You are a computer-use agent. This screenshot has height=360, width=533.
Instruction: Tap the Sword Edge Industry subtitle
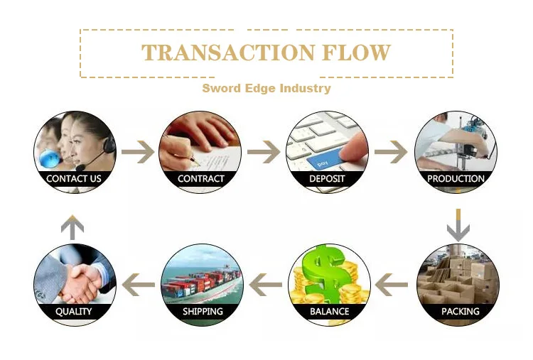(x=266, y=89)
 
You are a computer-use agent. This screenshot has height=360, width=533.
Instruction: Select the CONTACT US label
(x=74, y=179)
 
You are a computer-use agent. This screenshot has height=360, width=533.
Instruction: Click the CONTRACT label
(x=200, y=179)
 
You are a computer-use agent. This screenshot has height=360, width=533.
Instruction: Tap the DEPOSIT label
(x=328, y=179)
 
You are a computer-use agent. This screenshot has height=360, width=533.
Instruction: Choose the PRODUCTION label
(x=456, y=179)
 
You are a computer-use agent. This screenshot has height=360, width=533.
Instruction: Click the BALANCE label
(x=329, y=311)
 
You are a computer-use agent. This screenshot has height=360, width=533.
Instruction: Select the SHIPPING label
(x=203, y=311)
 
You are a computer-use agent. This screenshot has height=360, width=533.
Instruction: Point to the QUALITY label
(x=74, y=311)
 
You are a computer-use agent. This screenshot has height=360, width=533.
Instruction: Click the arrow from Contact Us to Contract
(x=137, y=152)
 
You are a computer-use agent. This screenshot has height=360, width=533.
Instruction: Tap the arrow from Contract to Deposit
(x=264, y=152)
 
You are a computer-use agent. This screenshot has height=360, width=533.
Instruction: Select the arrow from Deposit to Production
(x=391, y=152)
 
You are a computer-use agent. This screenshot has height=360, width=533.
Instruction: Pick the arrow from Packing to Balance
(x=392, y=285)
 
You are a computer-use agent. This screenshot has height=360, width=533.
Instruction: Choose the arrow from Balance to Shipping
(x=264, y=285)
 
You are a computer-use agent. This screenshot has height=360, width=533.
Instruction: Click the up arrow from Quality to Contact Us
(x=72, y=227)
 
